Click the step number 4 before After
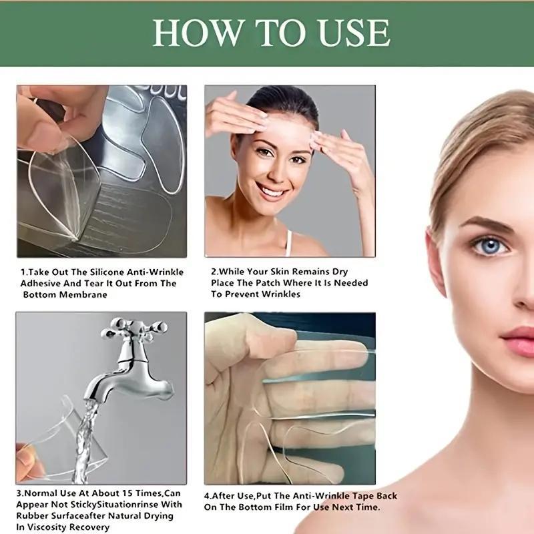(208, 496)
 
